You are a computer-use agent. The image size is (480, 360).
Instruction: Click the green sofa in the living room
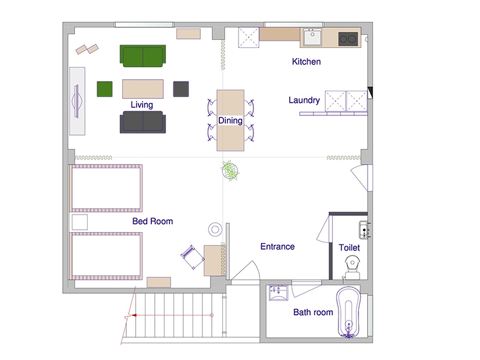point(143,56)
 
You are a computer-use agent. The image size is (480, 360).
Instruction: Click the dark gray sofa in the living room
point(143,122)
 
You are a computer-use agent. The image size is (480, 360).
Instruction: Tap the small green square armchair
point(105,89)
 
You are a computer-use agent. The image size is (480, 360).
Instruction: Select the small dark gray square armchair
point(181,89)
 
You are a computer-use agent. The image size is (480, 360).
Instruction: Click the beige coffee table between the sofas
point(143,89)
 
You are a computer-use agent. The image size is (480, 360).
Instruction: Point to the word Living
point(142,105)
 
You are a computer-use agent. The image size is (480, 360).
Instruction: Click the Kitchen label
point(307,62)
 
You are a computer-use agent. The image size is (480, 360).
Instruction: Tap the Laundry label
point(304,100)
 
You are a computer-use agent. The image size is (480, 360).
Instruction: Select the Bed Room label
point(152,221)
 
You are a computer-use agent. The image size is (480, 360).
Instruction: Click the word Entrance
point(278,247)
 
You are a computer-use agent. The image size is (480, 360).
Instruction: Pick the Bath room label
point(313,312)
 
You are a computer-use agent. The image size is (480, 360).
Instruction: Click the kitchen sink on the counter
point(312,37)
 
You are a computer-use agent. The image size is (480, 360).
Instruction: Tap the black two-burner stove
point(348,39)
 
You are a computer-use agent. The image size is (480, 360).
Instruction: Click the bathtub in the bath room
point(349,312)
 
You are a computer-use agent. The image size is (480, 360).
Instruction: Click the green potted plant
point(230,170)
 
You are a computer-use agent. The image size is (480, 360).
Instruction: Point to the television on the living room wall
point(77,101)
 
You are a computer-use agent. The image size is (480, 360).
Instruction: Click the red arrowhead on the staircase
point(134,315)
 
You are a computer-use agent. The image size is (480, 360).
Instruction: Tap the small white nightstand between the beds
point(80,222)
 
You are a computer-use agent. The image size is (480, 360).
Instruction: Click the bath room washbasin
point(279,293)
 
